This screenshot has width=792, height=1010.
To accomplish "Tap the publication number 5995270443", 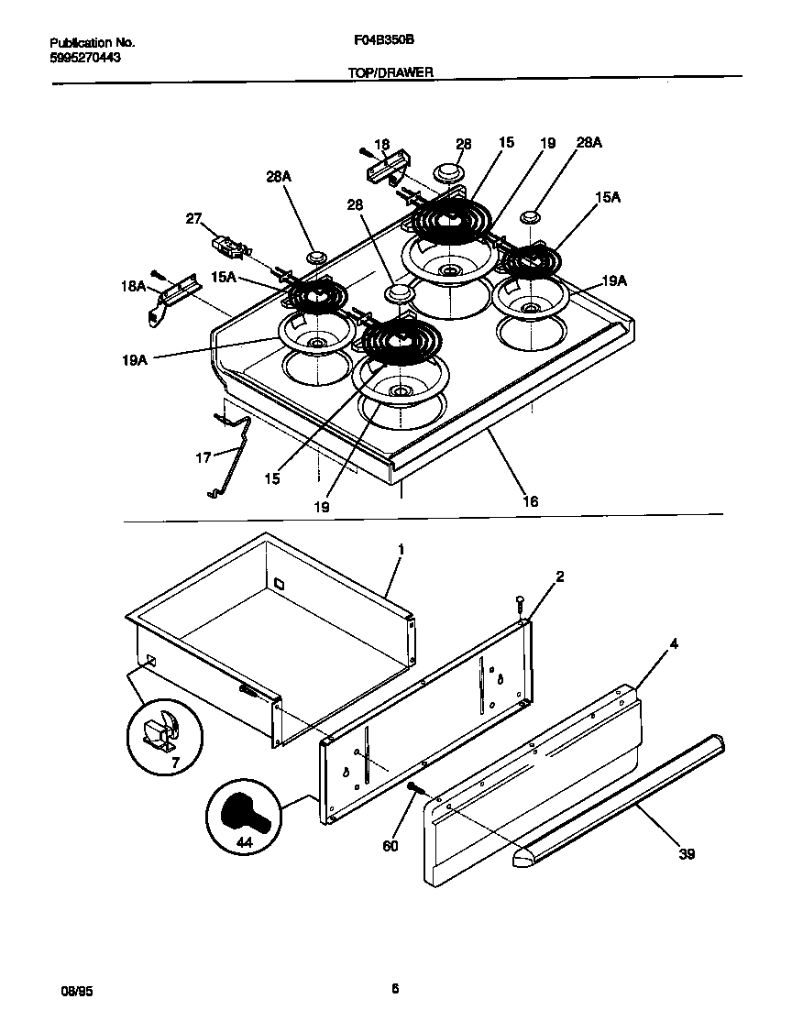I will (85, 57).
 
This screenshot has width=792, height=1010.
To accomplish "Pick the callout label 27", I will (193, 218).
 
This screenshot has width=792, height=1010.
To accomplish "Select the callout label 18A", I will (134, 286).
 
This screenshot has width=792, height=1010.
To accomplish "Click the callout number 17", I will (203, 456).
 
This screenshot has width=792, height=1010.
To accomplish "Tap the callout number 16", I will (530, 501).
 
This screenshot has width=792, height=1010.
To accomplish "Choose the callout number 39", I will (687, 854).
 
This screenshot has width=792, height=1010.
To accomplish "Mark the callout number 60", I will (390, 846).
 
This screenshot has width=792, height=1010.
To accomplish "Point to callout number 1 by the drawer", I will (401, 548).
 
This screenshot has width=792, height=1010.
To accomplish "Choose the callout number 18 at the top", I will (382, 144).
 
